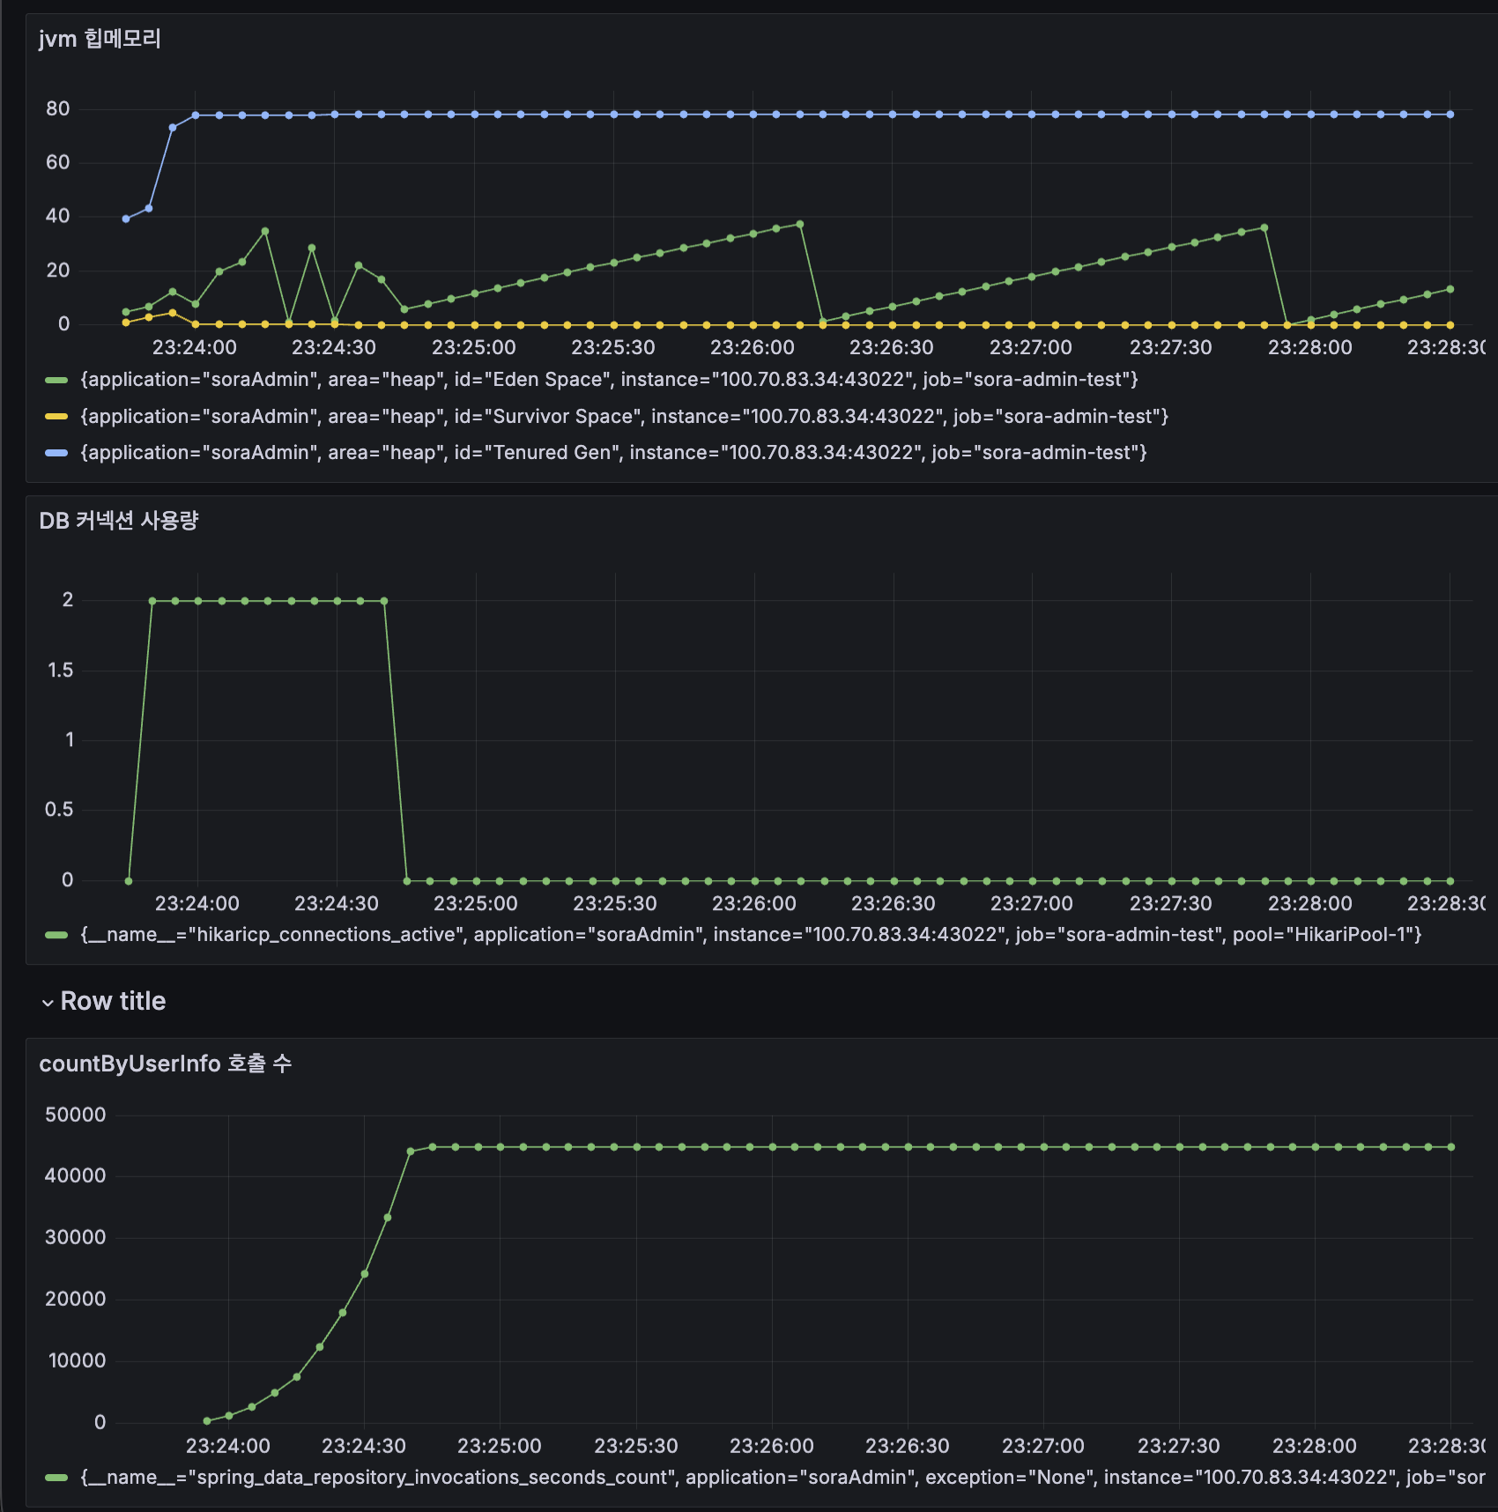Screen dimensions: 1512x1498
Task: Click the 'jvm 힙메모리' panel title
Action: pos(100,39)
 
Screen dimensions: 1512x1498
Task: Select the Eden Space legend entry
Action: pos(608,380)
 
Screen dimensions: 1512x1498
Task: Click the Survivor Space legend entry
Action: pos(623,417)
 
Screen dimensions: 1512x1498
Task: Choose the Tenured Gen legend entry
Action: pos(612,453)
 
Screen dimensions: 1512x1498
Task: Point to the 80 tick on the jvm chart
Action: pos(58,109)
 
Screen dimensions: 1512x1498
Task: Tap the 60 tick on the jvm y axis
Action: pos(58,162)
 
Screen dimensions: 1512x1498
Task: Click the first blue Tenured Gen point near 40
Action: pos(126,219)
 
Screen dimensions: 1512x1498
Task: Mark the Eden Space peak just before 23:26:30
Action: pos(800,225)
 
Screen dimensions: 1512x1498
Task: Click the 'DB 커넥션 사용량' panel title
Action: pos(119,521)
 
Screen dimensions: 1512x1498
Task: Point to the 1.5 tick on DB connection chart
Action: pos(60,671)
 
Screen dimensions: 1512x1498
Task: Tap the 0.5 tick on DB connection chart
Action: pos(59,810)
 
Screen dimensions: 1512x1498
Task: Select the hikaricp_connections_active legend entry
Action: pos(749,935)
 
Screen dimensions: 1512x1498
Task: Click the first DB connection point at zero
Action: pos(129,881)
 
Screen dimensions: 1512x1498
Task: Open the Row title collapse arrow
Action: pos(48,1003)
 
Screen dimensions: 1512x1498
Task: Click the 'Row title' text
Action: pos(113,1001)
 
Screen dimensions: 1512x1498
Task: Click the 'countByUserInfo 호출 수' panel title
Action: pos(165,1064)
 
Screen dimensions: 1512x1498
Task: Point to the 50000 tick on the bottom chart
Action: pos(75,1115)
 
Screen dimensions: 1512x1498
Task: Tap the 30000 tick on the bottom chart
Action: pos(75,1237)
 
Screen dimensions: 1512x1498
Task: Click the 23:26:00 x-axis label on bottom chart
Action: pos(771,1446)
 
